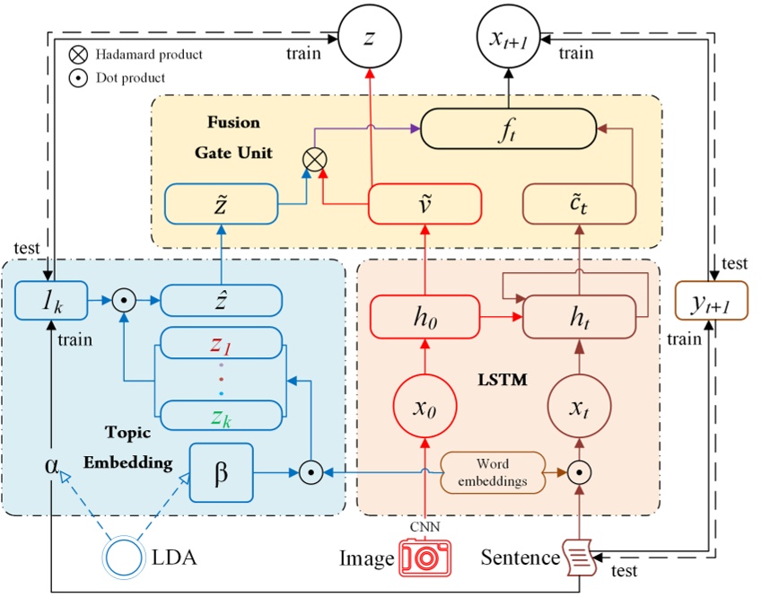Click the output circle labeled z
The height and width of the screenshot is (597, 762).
pyautogui.click(x=369, y=37)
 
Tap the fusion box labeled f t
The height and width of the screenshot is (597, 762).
pyautogui.click(x=508, y=130)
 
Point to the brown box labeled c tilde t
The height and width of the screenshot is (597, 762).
pyautogui.click(x=578, y=205)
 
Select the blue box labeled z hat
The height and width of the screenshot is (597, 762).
pyautogui.click(x=221, y=300)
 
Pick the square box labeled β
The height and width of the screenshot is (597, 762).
pyautogui.click(x=221, y=470)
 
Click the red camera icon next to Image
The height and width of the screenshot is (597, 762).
pyautogui.click(x=425, y=557)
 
